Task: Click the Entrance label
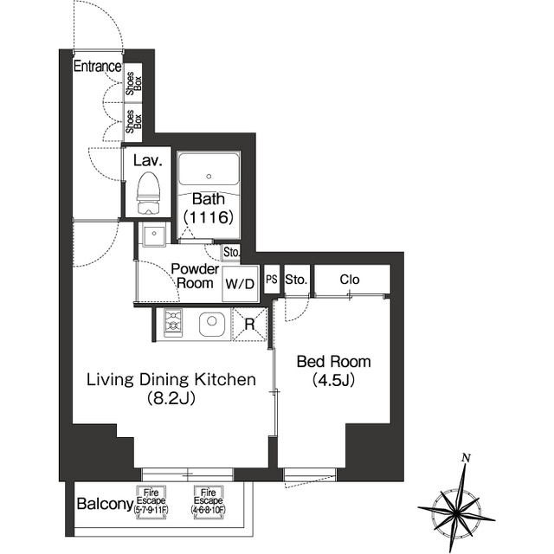96,67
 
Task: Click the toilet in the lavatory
150,193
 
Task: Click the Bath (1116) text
209,209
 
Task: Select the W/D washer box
240,284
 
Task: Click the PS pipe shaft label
271,280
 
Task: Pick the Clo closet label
350,280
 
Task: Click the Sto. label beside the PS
296,280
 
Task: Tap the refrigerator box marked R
249,325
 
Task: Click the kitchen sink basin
211,325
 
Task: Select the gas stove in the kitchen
171,325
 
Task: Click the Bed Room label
333,370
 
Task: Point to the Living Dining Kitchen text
170,388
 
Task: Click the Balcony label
104,505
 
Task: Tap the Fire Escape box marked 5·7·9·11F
152,501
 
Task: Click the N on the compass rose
466,457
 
